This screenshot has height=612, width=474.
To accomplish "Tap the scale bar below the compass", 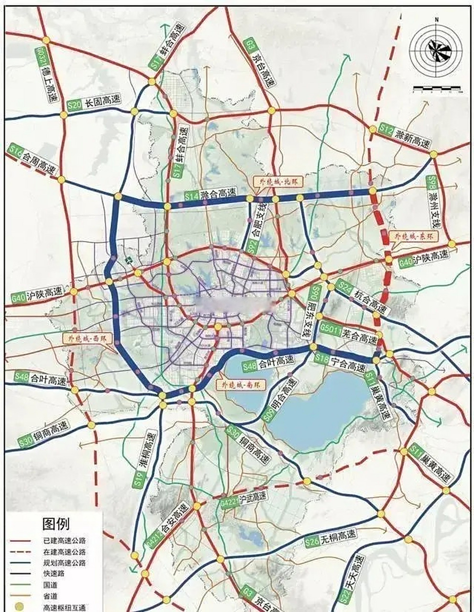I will pos(436,88).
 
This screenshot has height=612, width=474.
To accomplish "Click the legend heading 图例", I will pos(56,524).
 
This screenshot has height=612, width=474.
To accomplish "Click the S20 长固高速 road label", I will pos(94,102).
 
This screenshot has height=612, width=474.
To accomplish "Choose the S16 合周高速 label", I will pos(33,161).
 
